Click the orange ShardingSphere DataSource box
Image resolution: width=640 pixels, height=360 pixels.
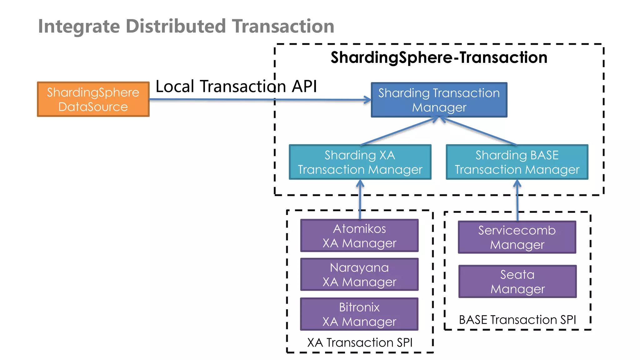click(x=93, y=99)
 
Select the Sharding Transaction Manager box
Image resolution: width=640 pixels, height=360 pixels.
click(x=439, y=100)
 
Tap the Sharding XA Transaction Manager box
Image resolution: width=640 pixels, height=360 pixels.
click(x=360, y=162)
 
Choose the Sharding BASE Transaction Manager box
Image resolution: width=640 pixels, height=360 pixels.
click(x=517, y=162)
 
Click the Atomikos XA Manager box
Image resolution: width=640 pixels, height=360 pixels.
click(x=359, y=236)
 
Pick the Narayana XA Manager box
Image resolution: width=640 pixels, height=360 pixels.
click(x=359, y=274)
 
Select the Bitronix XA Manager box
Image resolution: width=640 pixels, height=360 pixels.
click(x=359, y=314)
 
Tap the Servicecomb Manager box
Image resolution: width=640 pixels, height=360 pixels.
click(x=517, y=237)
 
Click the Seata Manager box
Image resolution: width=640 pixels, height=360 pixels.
click(x=517, y=282)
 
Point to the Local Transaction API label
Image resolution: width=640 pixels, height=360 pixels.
click(x=236, y=86)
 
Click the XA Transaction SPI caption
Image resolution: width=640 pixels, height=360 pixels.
click(x=360, y=342)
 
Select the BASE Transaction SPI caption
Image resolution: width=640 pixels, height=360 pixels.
click(x=517, y=320)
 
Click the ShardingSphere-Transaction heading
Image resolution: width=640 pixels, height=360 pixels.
click(x=439, y=57)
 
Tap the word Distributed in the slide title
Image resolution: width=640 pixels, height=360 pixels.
click(x=176, y=26)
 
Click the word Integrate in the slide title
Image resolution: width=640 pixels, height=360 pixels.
click(x=79, y=26)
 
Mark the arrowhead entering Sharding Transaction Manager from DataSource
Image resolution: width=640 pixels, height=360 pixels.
click(x=368, y=100)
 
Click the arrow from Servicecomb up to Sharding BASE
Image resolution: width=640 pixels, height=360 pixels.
click(x=517, y=200)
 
